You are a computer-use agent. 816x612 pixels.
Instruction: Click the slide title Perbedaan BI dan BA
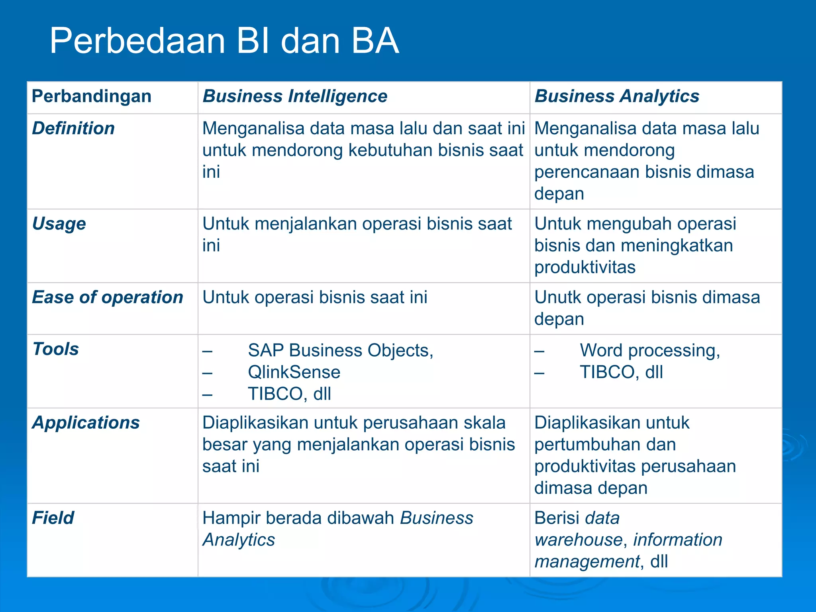(224, 41)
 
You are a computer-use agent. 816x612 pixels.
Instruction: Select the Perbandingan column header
(91, 96)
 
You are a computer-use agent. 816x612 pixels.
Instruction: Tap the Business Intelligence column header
(295, 96)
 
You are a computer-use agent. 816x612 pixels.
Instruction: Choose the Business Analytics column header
(616, 96)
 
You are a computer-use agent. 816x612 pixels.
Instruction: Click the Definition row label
(73, 128)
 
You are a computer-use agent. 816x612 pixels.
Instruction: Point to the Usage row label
(59, 224)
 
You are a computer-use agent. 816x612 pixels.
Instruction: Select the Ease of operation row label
(108, 297)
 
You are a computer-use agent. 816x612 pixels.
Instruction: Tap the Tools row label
(56, 349)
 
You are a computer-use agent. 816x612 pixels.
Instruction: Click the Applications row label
(86, 423)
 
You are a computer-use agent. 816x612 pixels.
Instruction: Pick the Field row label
(53, 518)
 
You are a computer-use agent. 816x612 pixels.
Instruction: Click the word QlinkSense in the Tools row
(294, 372)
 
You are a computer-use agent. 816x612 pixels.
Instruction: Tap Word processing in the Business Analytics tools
(649, 351)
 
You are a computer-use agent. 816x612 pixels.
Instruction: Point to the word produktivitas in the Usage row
(585, 267)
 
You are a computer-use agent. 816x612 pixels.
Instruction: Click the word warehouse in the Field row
(578, 540)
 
